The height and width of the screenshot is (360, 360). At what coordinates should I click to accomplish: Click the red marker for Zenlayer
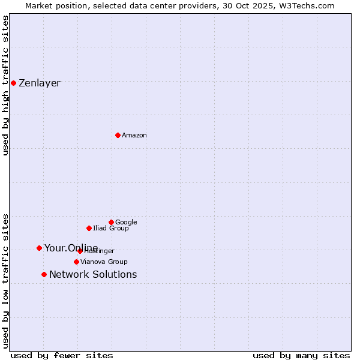pyautogui.click(x=13, y=83)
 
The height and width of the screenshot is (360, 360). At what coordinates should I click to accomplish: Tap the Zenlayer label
pyautogui.click(x=40, y=83)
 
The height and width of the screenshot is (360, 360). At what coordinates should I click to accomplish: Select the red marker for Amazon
pyautogui.click(x=118, y=135)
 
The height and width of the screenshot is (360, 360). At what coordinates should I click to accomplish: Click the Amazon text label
pyautogui.click(x=134, y=136)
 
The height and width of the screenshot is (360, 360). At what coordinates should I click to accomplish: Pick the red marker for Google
pyautogui.click(x=111, y=222)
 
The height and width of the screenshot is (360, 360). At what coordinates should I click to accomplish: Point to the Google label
pyautogui.click(x=126, y=223)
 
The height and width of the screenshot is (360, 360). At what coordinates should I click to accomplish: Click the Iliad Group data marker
pyautogui.click(x=89, y=228)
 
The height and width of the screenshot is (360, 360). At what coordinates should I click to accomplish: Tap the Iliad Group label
pyautogui.click(x=111, y=229)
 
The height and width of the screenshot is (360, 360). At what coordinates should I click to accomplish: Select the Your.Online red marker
pyautogui.click(x=39, y=248)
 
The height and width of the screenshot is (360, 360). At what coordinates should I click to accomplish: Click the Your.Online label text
pyautogui.click(x=71, y=248)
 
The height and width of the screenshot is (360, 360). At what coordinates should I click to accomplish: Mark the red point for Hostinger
pyautogui.click(x=80, y=251)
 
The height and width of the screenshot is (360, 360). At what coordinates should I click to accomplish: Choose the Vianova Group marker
pyautogui.click(x=76, y=262)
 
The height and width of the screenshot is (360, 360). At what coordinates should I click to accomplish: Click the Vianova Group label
pyautogui.click(x=104, y=262)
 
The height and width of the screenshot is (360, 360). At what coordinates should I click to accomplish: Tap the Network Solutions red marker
pyautogui.click(x=44, y=274)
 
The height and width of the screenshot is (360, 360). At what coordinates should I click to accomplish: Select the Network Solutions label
pyautogui.click(x=93, y=275)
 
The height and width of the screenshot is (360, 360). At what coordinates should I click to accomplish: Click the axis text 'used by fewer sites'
pyautogui.click(x=62, y=355)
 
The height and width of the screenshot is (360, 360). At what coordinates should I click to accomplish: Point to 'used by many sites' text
pyautogui.click(x=301, y=355)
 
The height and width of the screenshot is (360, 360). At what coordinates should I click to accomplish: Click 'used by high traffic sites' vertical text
pyautogui.click(x=5, y=85)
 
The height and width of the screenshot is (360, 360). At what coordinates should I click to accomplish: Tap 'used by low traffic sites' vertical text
pyautogui.click(x=5, y=280)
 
